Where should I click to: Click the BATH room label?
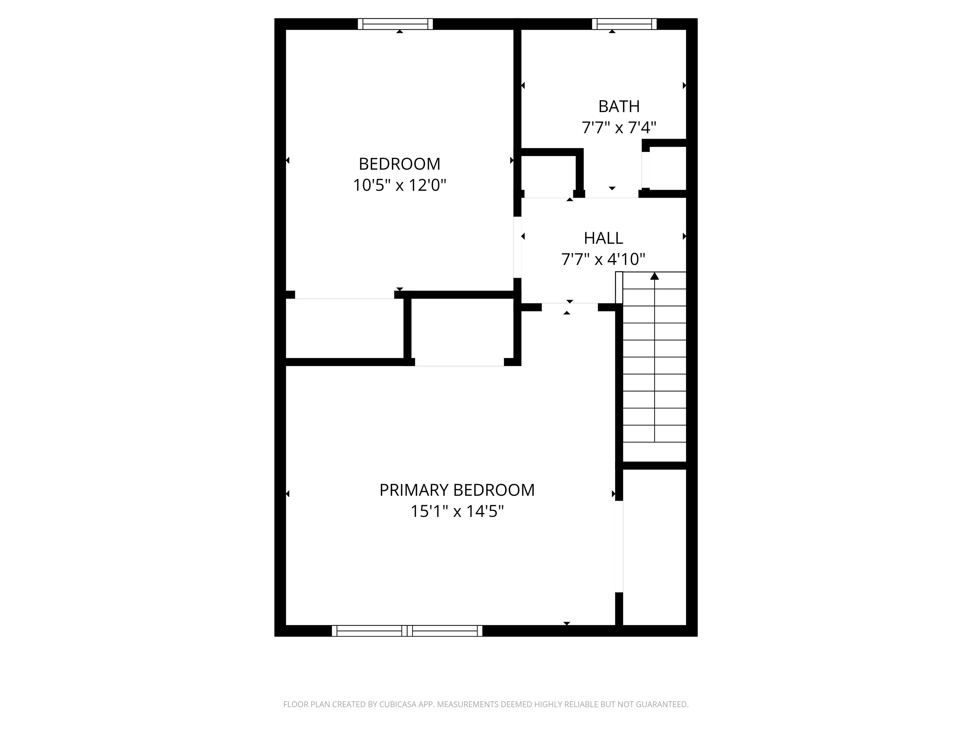click(x=619, y=106)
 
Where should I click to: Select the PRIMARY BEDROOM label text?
click(x=457, y=490)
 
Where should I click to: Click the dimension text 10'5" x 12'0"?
click(x=399, y=185)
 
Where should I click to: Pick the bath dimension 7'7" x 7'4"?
click(x=619, y=128)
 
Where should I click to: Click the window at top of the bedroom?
click(x=395, y=24)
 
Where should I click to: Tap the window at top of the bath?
click(x=624, y=24)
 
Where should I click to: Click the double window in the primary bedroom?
click(x=407, y=631)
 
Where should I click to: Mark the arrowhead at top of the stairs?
click(x=655, y=276)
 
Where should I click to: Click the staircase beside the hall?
click(x=655, y=365)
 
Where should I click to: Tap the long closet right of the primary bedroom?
click(x=655, y=547)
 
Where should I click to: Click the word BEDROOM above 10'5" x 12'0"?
click(x=399, y=164)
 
